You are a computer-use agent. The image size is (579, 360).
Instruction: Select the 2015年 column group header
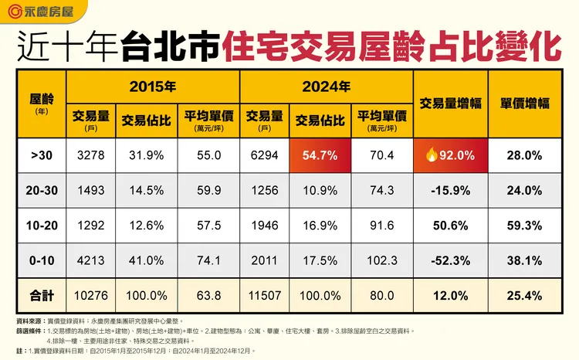(153, 86)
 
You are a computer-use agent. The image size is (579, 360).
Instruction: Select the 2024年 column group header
(327, 86)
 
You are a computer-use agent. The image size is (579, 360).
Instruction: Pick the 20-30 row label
(42, 191)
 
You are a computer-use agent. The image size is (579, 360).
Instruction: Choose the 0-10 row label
(42, 261)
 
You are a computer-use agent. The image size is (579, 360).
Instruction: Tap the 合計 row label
(42, 294)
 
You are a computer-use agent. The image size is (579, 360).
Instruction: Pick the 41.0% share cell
(146, 261)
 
